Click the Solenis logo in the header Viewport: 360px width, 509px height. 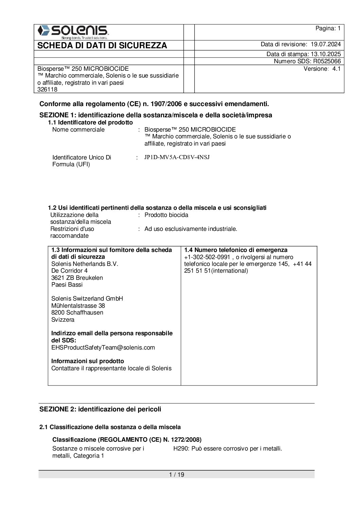(73, 32)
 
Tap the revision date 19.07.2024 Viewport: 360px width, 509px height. (325, 44)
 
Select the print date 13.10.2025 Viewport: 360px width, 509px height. (325, 54)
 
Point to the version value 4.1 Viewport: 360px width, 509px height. (336, 69)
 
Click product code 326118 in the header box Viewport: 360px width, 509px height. (47, 89)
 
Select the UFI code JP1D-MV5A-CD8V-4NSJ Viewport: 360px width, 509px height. (177, 157)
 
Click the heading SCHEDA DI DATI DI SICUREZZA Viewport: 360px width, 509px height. (102, 46)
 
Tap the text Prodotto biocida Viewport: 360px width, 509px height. (166, 215)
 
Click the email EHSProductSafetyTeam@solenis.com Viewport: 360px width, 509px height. (103, 347)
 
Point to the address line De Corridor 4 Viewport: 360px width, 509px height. (69, 271)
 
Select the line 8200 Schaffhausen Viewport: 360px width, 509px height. (77, 312)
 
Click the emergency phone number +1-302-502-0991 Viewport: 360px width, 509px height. (207, 257)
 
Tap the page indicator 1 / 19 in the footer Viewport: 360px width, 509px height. (176, 475)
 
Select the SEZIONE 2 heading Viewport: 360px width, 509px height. (100, 409)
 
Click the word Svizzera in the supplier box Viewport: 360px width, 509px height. (63, 320)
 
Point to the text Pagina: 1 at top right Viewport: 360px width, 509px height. (328, 29)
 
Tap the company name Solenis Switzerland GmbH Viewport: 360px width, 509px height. (87, 299)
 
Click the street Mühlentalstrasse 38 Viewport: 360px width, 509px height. (78, 306)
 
